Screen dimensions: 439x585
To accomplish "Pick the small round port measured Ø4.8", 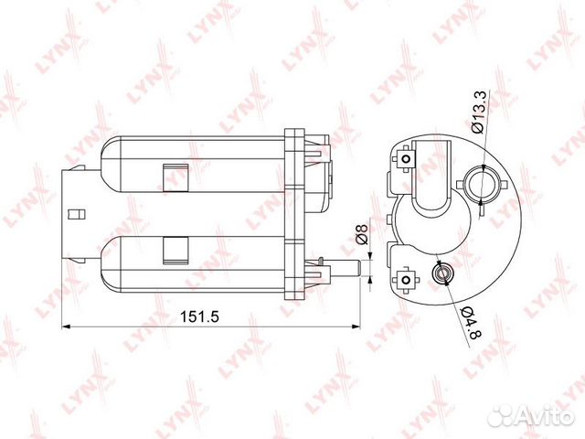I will [442, 273].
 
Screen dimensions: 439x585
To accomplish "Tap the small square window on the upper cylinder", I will [172, 177].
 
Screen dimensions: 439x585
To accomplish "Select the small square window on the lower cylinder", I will [172, 246].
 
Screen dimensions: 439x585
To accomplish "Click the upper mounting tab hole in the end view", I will [403, 161].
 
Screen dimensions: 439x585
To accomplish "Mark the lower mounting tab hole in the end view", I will [403, 277].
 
